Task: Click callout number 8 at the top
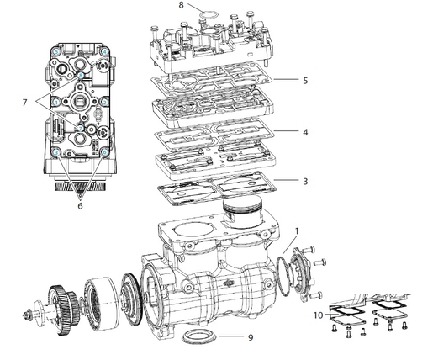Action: pos(181,5)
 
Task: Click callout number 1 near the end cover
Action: pos(296,229)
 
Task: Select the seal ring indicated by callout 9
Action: pos(199,337)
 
